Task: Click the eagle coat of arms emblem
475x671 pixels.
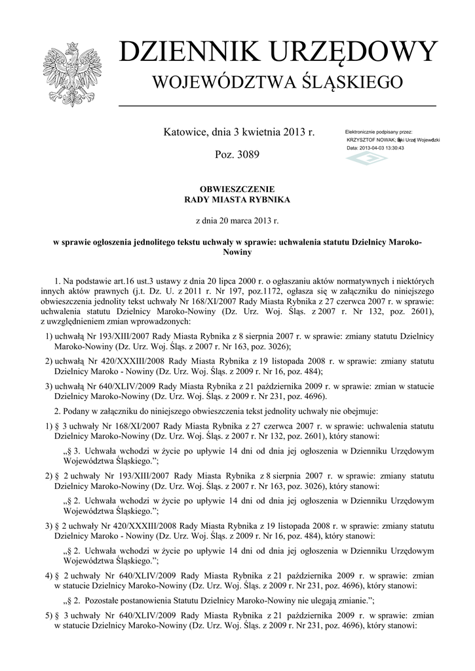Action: pos(69,74)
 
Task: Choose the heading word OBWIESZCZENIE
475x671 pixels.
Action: pos(237,189)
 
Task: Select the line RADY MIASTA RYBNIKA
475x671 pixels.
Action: pos(237,199)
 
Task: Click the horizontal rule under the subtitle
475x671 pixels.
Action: pos(277,105)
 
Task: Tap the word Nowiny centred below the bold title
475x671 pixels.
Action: pos(237,252)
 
